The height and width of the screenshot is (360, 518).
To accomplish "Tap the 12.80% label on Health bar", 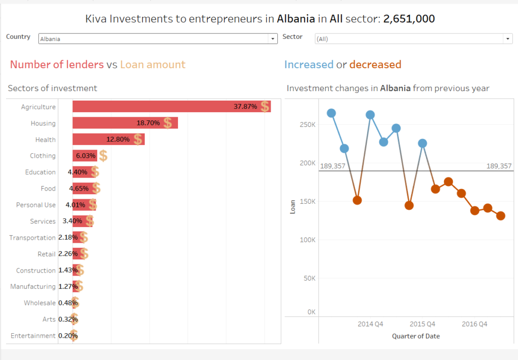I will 118,140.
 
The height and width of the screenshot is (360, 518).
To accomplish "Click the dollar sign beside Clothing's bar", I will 103,156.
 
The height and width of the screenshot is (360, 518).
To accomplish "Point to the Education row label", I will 40,172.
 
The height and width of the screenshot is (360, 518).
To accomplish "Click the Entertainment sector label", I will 33,336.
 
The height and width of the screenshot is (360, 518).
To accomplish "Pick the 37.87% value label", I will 245,107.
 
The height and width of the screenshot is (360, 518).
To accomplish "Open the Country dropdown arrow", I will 273,38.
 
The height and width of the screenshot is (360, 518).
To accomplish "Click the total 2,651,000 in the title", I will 409,19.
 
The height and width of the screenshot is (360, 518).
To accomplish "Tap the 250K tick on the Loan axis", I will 308,124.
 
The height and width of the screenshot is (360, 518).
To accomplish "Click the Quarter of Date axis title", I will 415,336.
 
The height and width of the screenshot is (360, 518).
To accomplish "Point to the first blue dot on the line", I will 331,113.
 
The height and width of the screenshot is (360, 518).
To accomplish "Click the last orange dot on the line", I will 501,216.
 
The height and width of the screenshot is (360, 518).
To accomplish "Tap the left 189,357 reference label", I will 332,165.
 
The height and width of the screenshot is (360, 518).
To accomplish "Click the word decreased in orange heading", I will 375,65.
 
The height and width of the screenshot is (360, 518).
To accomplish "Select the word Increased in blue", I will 309,65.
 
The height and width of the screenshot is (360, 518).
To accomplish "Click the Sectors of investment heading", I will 52,88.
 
